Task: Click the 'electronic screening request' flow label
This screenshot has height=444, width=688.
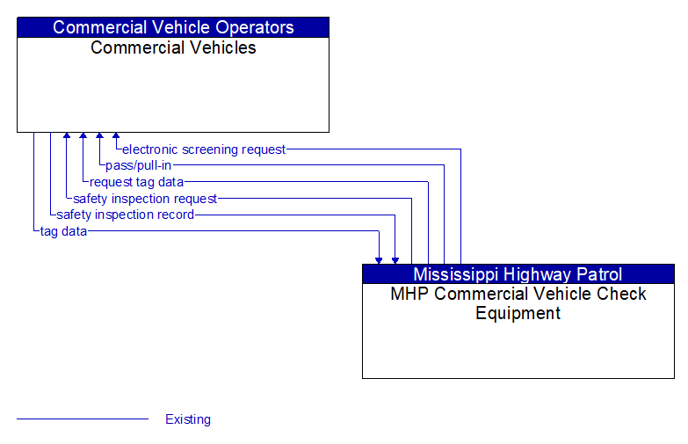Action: click(x=204, y=149)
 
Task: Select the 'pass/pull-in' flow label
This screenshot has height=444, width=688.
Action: click(x=138, y=165)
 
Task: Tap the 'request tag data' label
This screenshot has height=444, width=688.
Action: click(x=136, y=182)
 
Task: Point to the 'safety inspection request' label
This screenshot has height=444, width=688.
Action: click(x=145, y=199)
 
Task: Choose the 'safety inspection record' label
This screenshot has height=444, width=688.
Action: click(x=125, y=215)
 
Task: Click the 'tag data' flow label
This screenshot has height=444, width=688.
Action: click(x=63, y=231)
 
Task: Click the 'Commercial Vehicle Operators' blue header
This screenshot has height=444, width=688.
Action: click(x=173, y=27)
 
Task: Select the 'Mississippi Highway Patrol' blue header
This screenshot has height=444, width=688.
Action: click(x=518, y=274)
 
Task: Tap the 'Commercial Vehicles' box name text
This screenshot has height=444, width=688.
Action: click(x=173, y=48)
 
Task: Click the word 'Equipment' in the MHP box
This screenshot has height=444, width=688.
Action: click(x=518, y=313)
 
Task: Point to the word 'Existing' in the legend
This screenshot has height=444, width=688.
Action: click(x=188, y=419)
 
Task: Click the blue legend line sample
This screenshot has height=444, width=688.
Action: click(x=83, y=419)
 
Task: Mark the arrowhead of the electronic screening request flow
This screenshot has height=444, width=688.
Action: click(x=116, y=137)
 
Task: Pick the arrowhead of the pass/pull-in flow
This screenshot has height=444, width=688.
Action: click(x=99, y=137)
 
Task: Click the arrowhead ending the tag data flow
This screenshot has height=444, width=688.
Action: click(x=379, y=259)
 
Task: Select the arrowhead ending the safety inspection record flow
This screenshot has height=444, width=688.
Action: click(x=395, y=259)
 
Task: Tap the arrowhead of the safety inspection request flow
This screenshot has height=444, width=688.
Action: click(x=67, y=137)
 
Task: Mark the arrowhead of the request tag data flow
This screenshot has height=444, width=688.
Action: click(x=83, y=137)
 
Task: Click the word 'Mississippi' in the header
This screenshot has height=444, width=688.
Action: click(x=457, y=274)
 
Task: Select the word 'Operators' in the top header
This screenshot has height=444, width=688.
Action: click(x=256, y=27)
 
